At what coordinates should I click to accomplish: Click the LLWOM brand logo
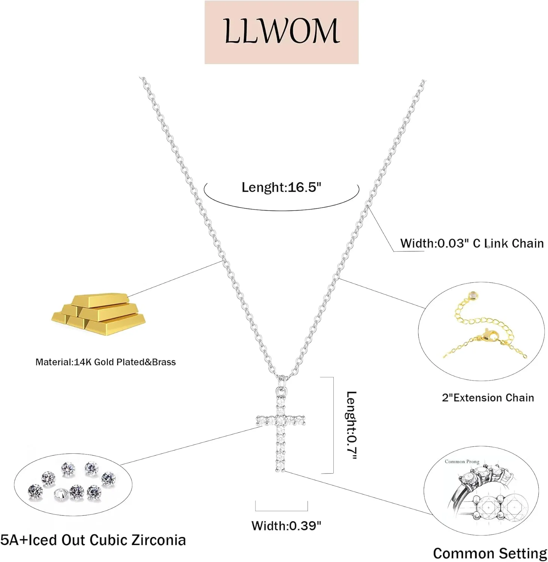(x=282, y=32)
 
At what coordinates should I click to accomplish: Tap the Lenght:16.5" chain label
(x=281, y=187)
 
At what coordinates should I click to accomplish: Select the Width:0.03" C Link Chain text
(x=472, y=243)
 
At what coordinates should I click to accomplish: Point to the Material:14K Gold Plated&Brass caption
(x=105, y=362)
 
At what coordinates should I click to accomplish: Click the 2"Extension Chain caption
(x=488, y=398)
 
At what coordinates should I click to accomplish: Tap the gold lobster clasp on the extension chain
(x=489, y=335)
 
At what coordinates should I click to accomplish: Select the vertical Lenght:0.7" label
(x=351, y=425)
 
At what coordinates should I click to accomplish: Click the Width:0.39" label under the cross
(x=286, y=526)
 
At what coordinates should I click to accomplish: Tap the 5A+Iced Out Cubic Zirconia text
(x=93, y=540)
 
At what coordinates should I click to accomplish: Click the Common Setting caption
(x=490, y=553)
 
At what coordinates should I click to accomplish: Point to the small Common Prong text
(x=462, y=462)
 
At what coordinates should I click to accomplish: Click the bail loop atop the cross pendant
(x=283, y=383)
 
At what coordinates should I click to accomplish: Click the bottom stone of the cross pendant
(x=280, y=466)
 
